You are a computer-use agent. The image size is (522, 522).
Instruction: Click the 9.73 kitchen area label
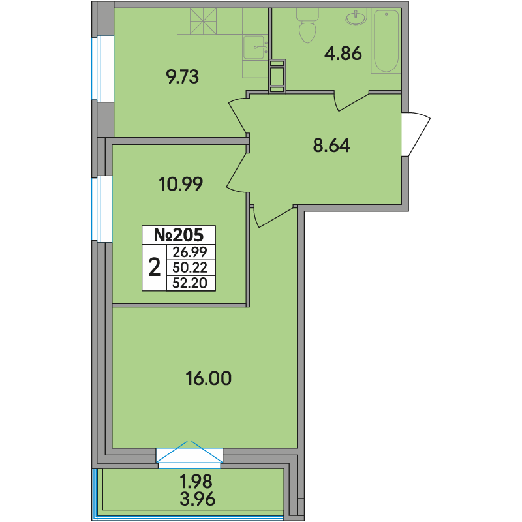click(183, 77)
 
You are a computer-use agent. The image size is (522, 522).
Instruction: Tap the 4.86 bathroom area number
click(343, 54)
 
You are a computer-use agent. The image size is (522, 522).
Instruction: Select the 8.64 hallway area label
click(331, 146)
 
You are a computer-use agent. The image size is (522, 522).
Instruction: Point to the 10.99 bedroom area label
click(181, 184)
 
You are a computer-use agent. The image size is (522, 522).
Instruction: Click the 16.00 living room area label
click(208, 378)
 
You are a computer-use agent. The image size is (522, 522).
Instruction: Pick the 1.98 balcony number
click(196, 481)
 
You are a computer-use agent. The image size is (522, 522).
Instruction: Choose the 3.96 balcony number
click(198, 499)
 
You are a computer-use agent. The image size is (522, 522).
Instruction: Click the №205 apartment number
click(178, 235)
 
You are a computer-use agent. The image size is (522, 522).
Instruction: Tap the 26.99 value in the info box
click(190, 253)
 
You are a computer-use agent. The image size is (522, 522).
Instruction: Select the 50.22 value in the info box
click(190, 268)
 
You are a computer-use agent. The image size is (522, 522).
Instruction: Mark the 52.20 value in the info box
click(190, 283)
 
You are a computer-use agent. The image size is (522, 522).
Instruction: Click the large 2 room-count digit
click(155, 268)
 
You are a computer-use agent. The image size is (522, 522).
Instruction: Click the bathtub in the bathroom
click(386, 41)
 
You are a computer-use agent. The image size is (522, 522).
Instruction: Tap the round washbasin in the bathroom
click(356, 18)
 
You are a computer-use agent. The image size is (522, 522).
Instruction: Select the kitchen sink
click(255, 48)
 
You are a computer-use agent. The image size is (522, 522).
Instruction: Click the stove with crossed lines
click(203, 22)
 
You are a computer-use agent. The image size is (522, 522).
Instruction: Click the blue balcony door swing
click(189, 452)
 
